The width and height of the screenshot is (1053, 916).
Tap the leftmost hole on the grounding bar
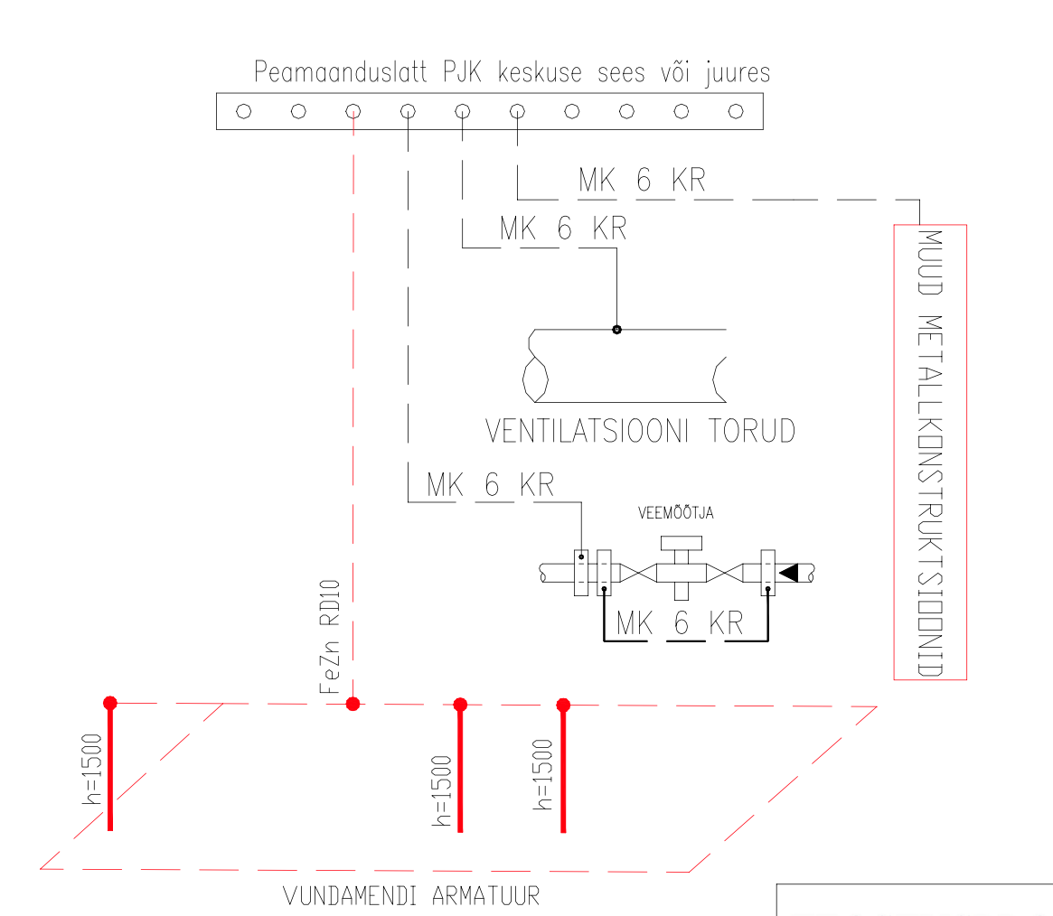pyautogui.click(x=243, y=111)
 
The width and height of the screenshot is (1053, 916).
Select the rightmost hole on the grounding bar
pyautogui.click(x=736, y=111)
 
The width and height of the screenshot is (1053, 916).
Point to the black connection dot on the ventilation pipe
pyautogui.click(x=616, y=329)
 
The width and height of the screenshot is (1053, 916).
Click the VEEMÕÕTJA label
pyautogui.click(x=677, y=513)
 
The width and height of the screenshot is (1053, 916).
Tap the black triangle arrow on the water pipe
pyautogui.click(x=788, y=572)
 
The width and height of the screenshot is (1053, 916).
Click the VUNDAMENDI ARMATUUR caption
pyautogui.click(x=411, y=896)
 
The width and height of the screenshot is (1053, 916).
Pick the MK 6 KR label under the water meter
pyautogui.click(x=679, y=623)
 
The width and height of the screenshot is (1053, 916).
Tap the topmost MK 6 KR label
pyautogui.click(x=642, y=182)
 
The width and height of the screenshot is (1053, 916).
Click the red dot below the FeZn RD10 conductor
pyautogui.click(x=353, y=703)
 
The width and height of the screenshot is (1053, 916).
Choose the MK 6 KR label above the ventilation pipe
pyautogui.click(x=562, y=229)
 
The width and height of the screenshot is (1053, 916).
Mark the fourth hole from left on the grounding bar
pyautogui.click(x=408, y=111)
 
